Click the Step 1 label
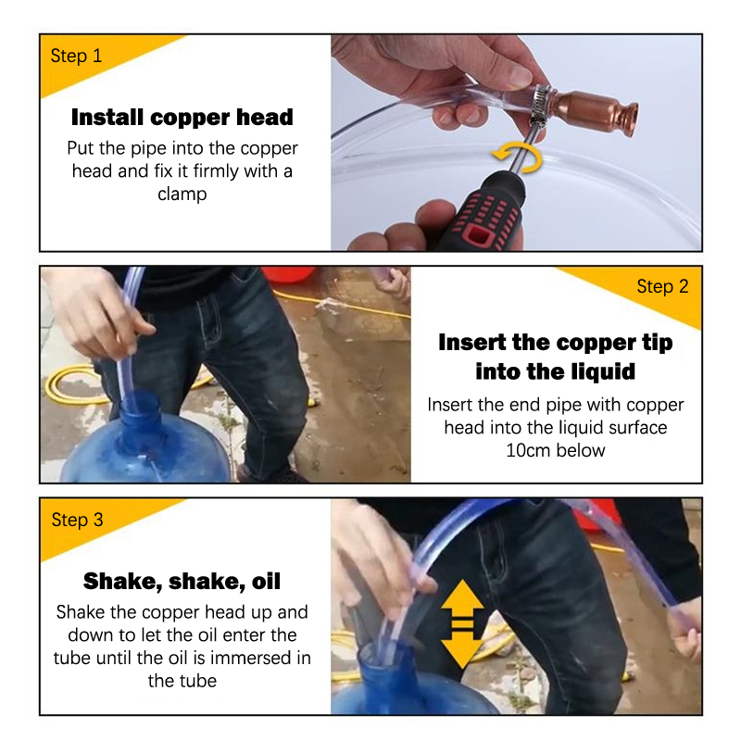pyautogui.click(x=76, y=56)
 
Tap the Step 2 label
pyautogui.click(x=662, y=286)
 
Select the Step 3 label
pyautogui.click(x=77, y=520)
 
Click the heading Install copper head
pyautogui.click(x=182, y=118)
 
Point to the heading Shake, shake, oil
pyautogui.click(x=182, y=582)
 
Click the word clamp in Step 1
pyautogui.click(x=182, y=195)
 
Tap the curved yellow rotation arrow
pyautogui.click(x=518, y=157)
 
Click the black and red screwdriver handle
pyautogui.click(x=482, y=212)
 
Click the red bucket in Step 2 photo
pyautogui.click(x=289, y=274)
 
